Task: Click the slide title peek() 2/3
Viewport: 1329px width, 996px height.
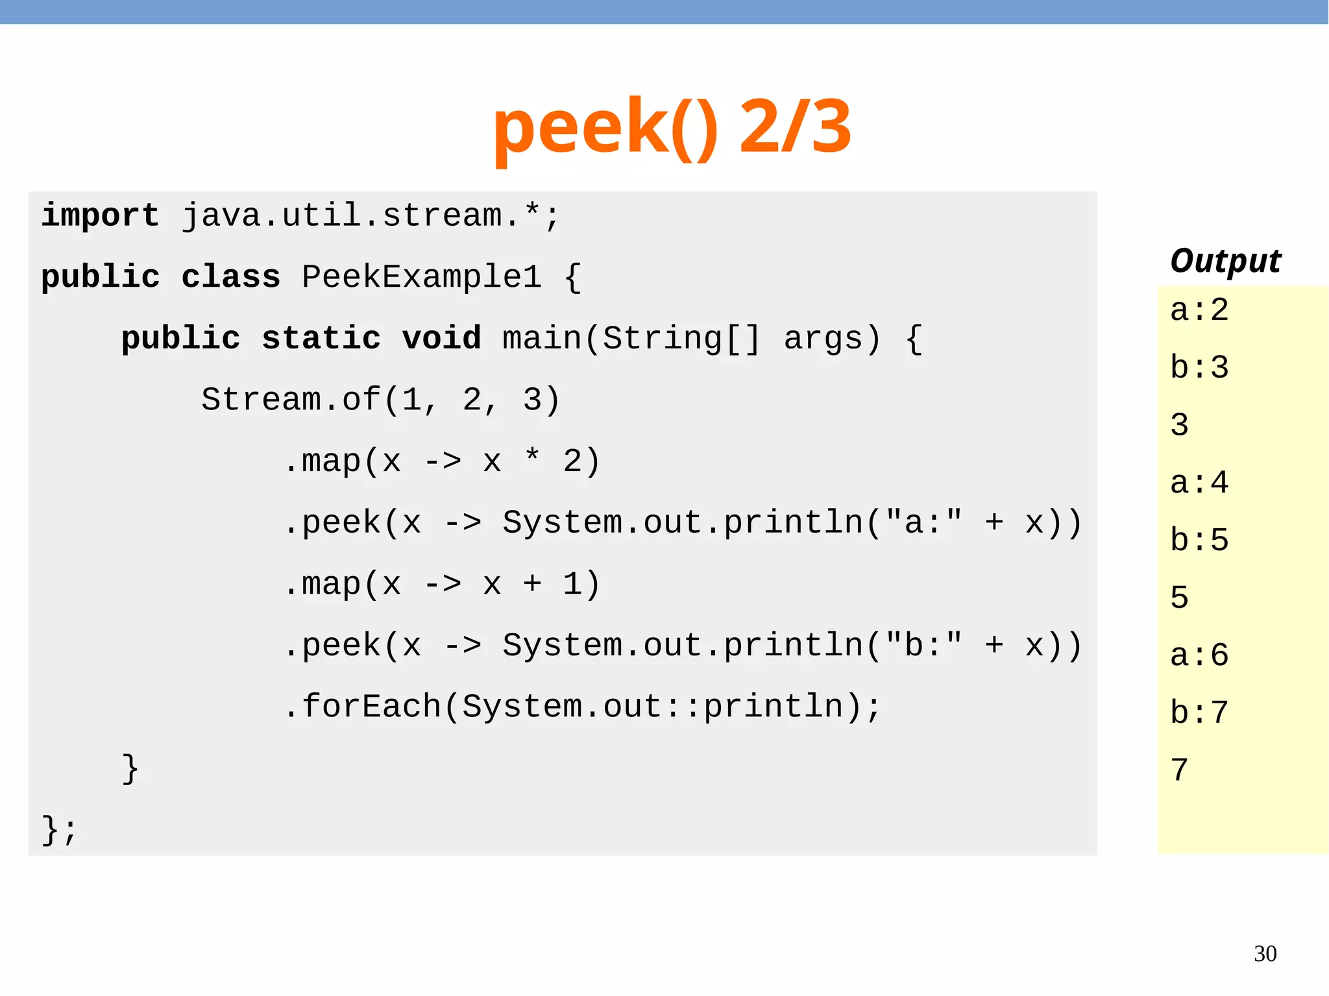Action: pos(672,127)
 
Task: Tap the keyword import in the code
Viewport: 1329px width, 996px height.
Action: pos(100,215)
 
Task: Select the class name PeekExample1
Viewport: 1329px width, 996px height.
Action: pos(422,277)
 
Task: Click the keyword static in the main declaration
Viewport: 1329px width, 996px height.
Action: pos(321,339)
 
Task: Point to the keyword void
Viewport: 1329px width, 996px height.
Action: pos(441,339)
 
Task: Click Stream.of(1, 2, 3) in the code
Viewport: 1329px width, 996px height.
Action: pos(380,400)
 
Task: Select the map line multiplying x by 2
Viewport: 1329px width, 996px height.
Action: pos(441,461)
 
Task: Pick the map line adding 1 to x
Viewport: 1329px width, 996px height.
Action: pos(441,584)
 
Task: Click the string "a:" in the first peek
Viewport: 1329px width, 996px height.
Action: pos(924,522)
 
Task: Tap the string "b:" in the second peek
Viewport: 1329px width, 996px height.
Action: pos(924,645)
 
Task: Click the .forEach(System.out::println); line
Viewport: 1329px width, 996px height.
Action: pos(581,707)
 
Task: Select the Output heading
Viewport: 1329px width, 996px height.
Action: pos(1225,261)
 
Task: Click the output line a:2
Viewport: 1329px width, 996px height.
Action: pos(1199,310)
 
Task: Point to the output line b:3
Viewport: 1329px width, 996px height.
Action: pos(1199,368)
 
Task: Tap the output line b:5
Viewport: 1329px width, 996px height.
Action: pos(1199,541)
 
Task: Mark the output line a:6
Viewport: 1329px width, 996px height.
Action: pos(1199,655)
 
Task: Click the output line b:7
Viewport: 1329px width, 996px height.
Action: pos(1199,713)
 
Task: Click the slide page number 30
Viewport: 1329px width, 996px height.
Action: pos(1265,954)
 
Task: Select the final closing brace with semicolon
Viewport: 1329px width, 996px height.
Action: pos(59,829)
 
